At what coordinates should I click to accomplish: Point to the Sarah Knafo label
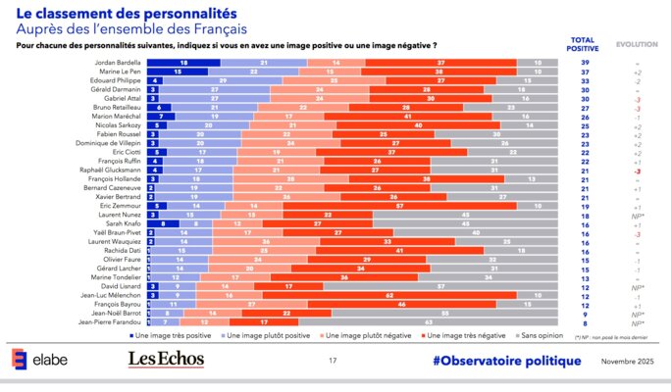(x=125, y=222)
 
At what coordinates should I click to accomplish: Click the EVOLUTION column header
(x=636, y=45)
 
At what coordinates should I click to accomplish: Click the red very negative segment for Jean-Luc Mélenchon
(x=403, y=294)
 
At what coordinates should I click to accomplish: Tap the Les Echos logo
(x=165, y=362)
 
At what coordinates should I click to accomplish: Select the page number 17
(x=334, y=362)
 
